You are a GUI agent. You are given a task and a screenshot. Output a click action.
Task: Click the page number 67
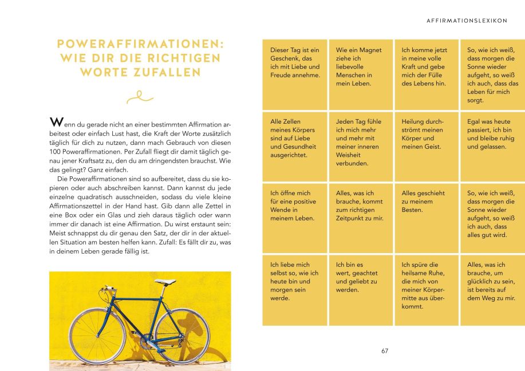[x=385, y=351]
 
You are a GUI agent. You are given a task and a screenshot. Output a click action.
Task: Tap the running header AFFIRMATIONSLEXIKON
[x=467, y=21]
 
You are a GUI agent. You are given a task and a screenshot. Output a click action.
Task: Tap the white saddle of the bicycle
[x=167, y=281]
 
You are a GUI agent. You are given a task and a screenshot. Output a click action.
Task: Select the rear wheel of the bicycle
[x=182, y=336]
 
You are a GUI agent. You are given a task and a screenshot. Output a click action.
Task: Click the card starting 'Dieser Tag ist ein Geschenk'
[x=295, y=74]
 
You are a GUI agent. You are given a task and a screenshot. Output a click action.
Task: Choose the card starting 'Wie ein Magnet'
[x=361, y=74]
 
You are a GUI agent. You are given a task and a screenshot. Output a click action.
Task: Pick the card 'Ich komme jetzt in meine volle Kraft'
[x=427, y=74]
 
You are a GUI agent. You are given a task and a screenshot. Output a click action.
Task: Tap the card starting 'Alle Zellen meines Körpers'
[x=295, y=147]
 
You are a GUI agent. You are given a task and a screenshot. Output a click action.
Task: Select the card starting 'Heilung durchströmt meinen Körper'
[x=427, y=147]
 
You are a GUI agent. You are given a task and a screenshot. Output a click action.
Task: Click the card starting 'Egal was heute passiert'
[x=492, y=147]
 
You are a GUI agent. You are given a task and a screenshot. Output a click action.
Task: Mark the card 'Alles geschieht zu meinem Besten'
[x=427, y=218]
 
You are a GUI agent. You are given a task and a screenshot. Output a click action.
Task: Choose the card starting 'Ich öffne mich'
[x=295, y=218]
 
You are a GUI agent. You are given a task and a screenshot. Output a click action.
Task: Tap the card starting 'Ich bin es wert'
[x=361, y=290]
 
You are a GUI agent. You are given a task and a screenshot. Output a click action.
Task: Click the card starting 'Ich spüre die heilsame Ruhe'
[x=427, y=290]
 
